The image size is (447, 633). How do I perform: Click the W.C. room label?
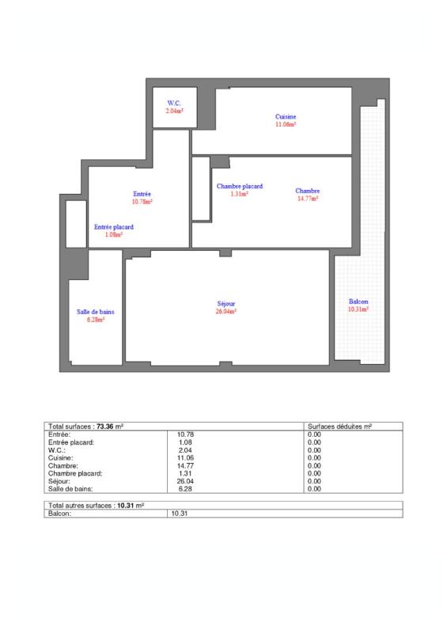(174, 104)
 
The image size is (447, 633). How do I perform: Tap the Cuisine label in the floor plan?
(286, 117)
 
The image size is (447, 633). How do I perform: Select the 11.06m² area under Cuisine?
(286, 125)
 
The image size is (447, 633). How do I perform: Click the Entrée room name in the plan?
(142, 194)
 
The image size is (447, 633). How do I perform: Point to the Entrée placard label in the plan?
(114, 227)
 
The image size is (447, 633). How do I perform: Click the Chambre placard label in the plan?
(240, 187)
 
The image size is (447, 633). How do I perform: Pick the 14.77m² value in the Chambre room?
(308, 199)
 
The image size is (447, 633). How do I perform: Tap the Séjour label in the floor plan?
(227, 304)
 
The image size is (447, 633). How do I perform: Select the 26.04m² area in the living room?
(227, 312)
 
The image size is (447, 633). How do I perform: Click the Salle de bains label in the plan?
(96, 312)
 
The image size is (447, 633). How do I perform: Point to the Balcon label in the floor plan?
(358, 301)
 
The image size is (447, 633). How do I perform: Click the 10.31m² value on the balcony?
(358, 309)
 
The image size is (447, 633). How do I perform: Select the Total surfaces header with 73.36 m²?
(85, 426)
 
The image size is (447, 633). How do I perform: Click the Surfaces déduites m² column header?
(339, 426)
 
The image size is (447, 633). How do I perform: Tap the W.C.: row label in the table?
(59, 449)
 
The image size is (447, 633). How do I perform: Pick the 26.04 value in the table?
(185, 481)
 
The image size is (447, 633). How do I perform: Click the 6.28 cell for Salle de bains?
(187, 489)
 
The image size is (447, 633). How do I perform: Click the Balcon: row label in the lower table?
(60, 514)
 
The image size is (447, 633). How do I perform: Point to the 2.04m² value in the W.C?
(174, 112)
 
